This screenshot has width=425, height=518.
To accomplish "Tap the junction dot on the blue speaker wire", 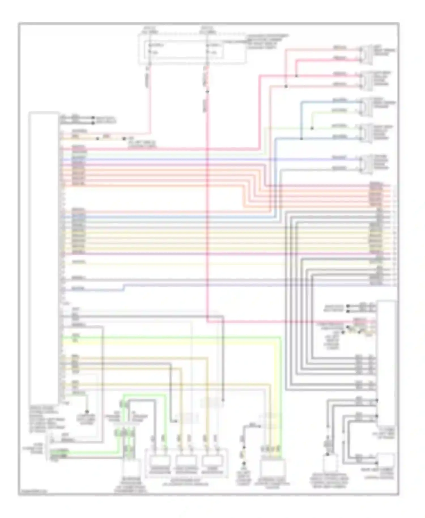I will [x=301, y=139].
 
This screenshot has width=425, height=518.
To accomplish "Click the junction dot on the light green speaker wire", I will [x=312, y=128].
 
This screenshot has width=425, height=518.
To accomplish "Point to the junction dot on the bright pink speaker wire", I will [x=296, y=76].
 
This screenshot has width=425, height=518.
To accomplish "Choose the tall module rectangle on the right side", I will [x=386, y=363].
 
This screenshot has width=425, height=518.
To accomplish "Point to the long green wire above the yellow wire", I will [x=170, y=337].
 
